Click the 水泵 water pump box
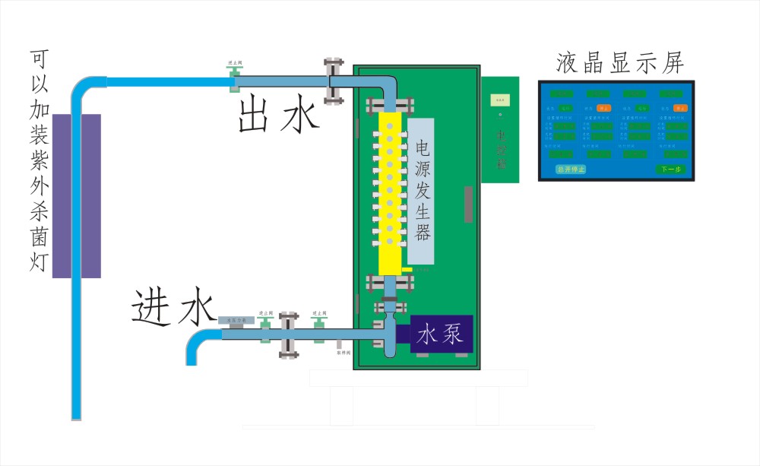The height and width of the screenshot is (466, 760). (x=442, y=334)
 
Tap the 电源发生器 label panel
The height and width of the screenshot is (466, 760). (x=421, y=191)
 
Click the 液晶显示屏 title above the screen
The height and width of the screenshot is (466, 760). (x=620, y=62)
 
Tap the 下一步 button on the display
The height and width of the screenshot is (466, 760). (x=670, y=169)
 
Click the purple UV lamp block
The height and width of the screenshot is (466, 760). (x=76, y=195)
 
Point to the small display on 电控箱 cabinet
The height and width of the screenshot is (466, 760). (x=500, y=99)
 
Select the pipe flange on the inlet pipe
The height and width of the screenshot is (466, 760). (x=287, y=334)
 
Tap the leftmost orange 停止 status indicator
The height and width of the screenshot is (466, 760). (x=603, y=109)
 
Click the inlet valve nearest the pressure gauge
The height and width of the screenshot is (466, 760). (x=264, y=328)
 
